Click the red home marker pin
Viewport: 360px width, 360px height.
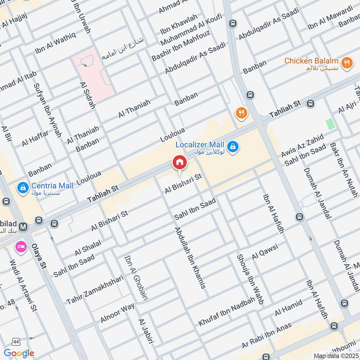tap(179, 163)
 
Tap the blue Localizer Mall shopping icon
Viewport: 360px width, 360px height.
tap(233, 146)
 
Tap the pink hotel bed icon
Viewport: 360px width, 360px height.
tap(20, 247)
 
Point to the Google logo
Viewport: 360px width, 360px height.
tap(19, 353)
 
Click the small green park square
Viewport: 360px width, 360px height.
tap(331, 124)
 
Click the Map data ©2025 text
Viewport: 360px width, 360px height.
tap(336, 356)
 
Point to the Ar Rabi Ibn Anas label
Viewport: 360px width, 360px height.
tap(266, 337)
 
